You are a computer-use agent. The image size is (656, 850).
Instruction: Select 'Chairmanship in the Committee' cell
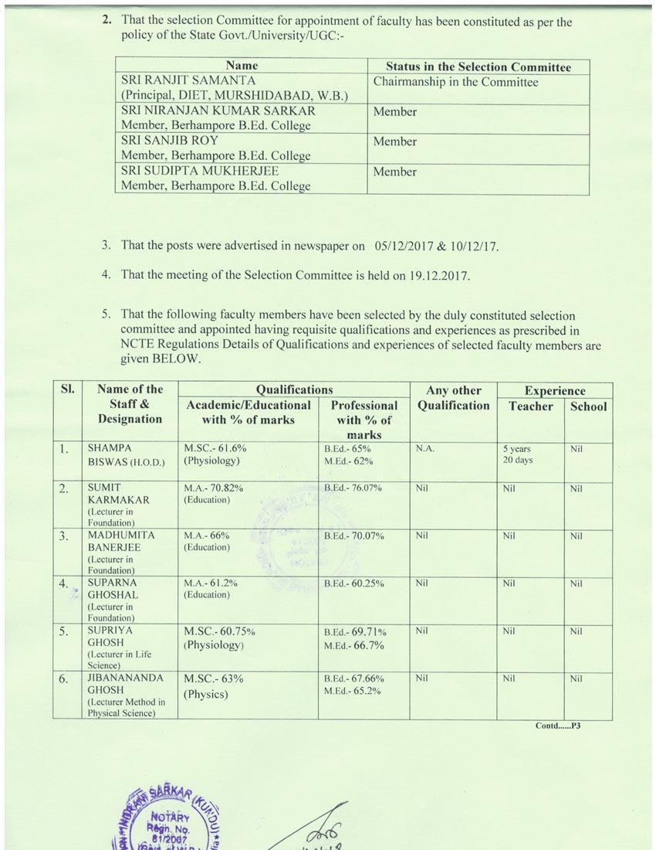455,82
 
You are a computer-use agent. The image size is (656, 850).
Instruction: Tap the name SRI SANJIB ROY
170,141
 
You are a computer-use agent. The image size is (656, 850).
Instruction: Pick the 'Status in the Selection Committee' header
478,66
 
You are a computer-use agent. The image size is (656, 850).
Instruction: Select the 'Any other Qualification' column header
453,398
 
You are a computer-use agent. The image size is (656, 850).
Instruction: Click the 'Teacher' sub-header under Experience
530,406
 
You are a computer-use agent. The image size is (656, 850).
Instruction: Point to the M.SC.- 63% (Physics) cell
214,685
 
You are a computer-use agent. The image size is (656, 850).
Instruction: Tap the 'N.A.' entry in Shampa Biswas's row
424,448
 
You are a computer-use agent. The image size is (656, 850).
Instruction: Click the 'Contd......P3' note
557,726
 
